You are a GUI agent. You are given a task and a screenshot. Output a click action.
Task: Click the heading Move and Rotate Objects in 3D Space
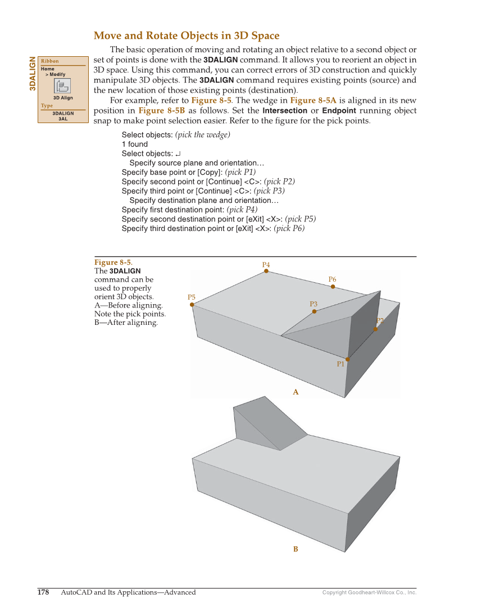[x=186, y=36]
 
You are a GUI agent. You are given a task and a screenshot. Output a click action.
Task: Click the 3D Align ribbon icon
[x=62, y=86]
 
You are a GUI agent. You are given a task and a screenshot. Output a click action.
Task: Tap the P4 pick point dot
[x=266, y=271]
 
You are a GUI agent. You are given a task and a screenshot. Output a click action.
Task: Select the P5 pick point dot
[x=192, y=305]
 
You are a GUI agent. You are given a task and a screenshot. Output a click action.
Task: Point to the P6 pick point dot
[x=333, y=287]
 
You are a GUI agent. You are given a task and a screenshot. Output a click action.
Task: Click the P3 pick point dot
[x=314, y=311]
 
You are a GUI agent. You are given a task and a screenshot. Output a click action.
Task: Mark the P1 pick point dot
[x=348, y=359]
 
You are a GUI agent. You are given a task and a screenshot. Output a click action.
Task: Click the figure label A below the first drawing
[x=296, y=392]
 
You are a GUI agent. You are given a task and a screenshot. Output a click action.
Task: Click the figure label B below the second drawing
[x=296, y=549]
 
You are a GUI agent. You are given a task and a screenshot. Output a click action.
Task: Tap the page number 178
[x=43, y=592]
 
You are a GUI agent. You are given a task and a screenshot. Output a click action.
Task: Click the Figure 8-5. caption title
[x=113, y=262]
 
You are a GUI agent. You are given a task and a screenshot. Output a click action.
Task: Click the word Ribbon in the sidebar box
[x=49, y=61]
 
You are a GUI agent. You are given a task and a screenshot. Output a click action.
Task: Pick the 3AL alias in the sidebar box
[x=63, y=119]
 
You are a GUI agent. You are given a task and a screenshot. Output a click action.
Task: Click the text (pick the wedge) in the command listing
[x=202, y=135]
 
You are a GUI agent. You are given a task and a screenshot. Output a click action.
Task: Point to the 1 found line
[x=134, y=144]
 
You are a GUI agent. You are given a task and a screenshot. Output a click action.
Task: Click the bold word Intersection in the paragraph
[x=285, y=111]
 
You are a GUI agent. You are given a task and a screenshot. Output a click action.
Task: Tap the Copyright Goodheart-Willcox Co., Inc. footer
[x=369, y=592]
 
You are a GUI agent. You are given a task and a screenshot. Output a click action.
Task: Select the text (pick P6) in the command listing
[x=289, y=229]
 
